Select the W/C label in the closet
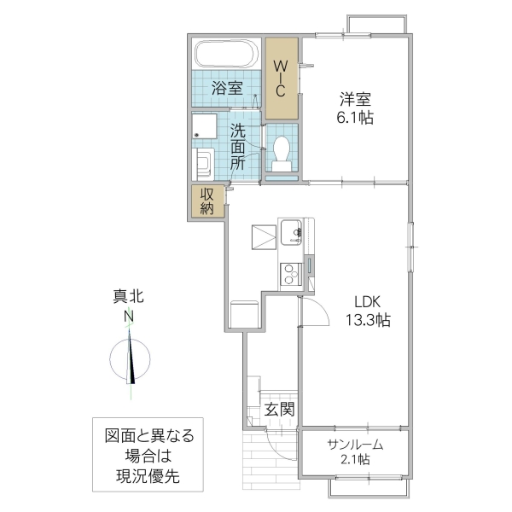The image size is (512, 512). [281, 78]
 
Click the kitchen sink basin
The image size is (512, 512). [289, 230]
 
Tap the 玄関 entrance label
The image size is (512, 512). [278, 410]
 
